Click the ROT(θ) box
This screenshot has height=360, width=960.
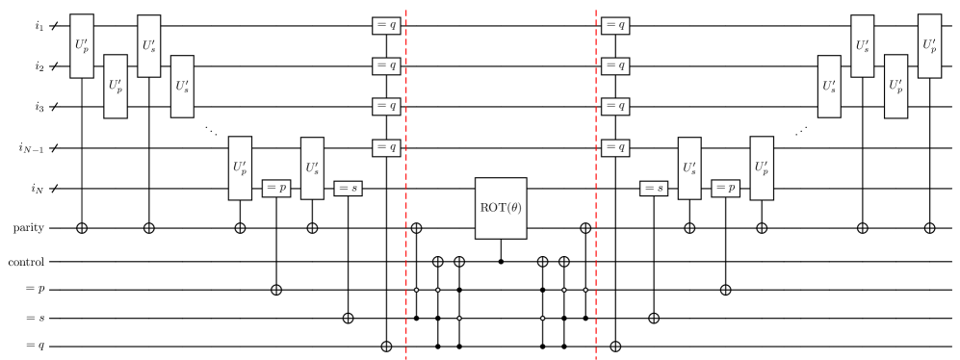pyautogui.click(x=501, y=208)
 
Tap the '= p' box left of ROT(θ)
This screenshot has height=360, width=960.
pyautogui.click(x=276, y=189)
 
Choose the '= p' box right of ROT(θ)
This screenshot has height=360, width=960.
pyautogui.click(x=726, y=189)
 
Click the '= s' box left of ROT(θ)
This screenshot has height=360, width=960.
pyautogui.click(x=348, y=189)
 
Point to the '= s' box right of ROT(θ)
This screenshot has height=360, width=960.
pyautogui.click(x=654, y=189)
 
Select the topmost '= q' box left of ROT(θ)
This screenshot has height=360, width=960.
pyautogui.click(x=386, y=26)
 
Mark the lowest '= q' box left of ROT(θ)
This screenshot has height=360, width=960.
pyautogui.click(x=386, y=148)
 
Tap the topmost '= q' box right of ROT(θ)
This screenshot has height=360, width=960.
pyautogui.click(x=615, y=26)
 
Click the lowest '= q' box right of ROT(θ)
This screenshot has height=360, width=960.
pyautogui.click(x=615, y=148)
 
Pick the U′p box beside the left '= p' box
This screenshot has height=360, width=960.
pyautogui.click(x=240, y=168)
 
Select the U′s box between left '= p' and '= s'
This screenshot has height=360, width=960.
pyautogui.click(x=312, y=168)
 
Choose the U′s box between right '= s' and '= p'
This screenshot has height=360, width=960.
pyautogui.click(x=689, y=168)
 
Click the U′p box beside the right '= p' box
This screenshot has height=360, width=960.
pyautogui.click(x=762, y=168)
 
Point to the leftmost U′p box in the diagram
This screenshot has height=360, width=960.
pyautogui.click(x=82, y=46)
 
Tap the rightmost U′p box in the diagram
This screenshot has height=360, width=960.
pyautogui.click(x=929, y=46)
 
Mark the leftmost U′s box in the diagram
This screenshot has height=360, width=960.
pyautogui.click(x=148, y=46)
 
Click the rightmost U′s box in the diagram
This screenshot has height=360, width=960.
pyautogui.click(x=863, y=46)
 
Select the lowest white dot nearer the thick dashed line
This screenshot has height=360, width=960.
pyautogui.click(x=459, y=319)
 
